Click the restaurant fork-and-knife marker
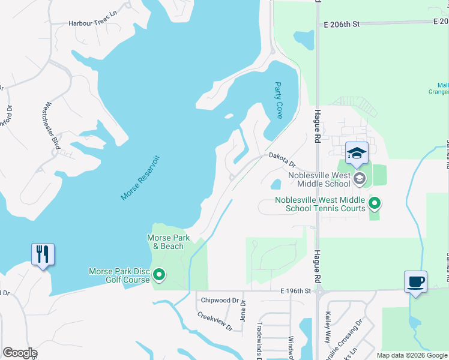coord(43,254)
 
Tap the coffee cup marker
coord(416,281)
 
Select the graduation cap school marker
coord(357,153)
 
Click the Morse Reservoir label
coord(140,178)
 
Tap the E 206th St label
coord(341,24)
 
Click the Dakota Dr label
coord(282,159)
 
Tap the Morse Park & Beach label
coord(169,242)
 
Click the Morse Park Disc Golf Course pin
coord(159,275)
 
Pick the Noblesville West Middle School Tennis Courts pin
coord(375,204)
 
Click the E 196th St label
coord(297,291)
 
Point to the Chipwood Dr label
coord(220,301)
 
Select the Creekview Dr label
coord(214,322)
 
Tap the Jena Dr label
coord(243,310)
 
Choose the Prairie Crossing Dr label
coord(351,335)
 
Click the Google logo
coord(20,352)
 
